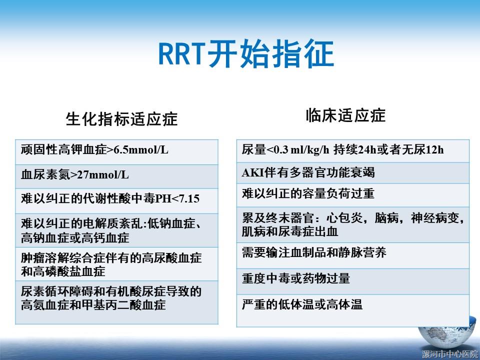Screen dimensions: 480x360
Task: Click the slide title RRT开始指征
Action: tap(246, 54)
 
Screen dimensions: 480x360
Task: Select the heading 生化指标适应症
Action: tap(121, 119)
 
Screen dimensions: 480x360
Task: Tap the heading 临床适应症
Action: tap(345, 115)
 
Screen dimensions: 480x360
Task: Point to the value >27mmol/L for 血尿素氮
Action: tap(99, 174)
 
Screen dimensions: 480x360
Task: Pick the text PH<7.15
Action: tap(177, 198)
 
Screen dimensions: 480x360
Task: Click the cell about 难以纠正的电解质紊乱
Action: tap(116, 230)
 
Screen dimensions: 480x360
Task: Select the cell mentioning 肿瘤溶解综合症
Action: tap(116, 264)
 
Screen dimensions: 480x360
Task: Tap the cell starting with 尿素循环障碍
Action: tap(116, 302)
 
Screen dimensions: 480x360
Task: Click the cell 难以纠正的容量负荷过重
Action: tap(352, 195)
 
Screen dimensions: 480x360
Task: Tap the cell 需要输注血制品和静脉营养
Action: tap(352, 255)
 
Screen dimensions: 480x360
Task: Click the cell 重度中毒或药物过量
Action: tap(352, 281)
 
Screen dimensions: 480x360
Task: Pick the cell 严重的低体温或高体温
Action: tap(352, 310)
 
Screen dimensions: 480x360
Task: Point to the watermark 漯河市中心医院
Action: tap(449, 354)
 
